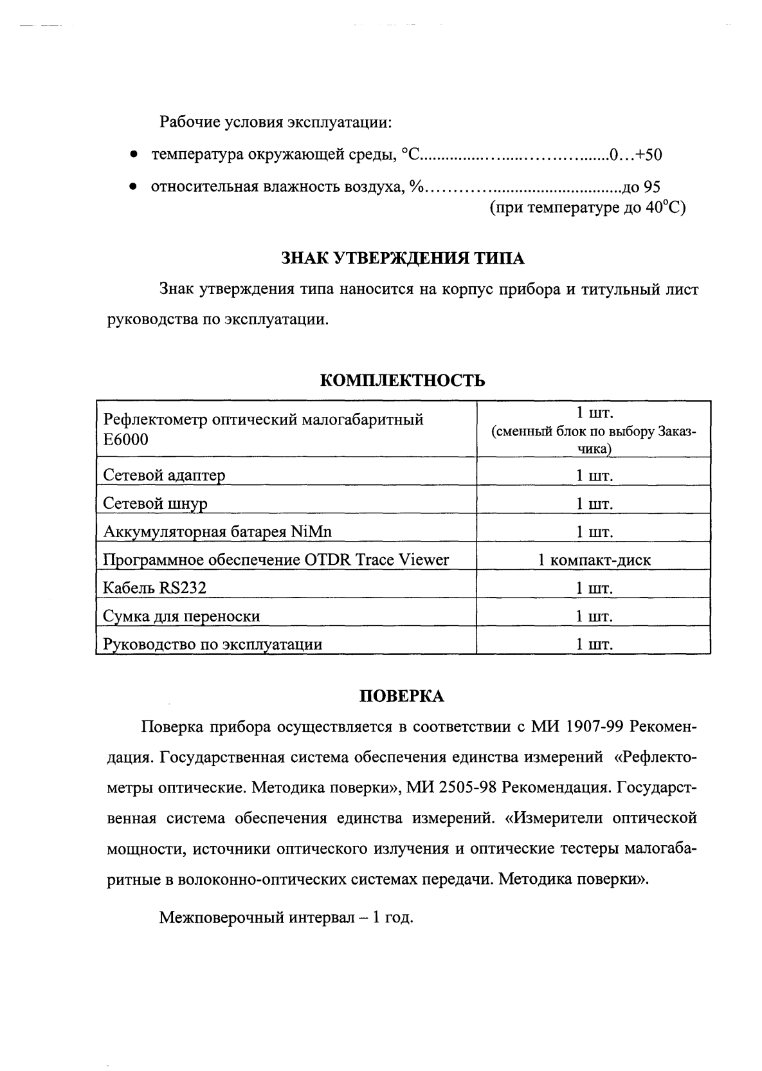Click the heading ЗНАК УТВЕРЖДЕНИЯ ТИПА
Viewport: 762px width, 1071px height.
[403, 259]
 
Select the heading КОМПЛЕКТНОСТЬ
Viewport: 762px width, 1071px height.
[403, 380]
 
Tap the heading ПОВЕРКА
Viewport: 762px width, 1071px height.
[401, 696]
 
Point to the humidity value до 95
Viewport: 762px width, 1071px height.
[641, 187]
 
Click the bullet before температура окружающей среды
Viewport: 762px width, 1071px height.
[132, 156]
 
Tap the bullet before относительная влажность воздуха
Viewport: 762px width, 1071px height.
[132, 188]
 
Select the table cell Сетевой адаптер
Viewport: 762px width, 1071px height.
[164, 475]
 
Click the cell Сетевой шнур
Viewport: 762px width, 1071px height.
[155, 504]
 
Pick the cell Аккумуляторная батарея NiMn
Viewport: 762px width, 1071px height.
[217, 532]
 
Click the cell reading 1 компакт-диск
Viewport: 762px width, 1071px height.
[594, 560]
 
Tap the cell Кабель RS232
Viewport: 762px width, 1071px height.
[155, 588]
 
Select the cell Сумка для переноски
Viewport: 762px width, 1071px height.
[181, 616]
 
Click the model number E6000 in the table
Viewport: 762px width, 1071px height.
[125, 439]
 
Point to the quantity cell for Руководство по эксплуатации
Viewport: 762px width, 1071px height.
[594, 645]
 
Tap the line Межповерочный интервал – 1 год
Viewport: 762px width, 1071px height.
[286, 917]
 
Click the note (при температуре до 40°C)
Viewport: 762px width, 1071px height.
[587, 208]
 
